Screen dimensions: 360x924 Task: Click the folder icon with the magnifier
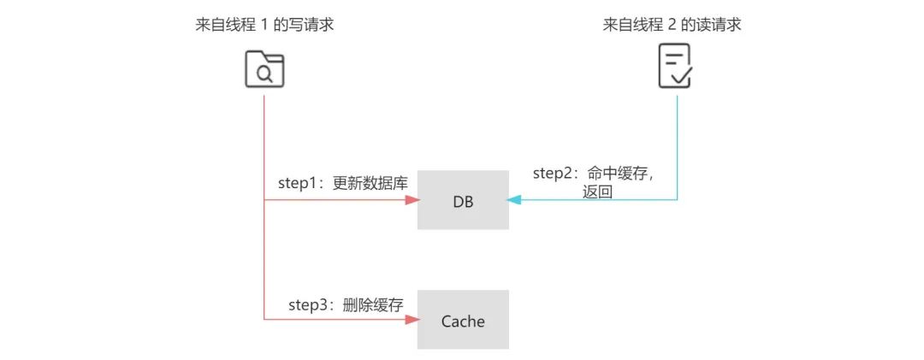[264, 70]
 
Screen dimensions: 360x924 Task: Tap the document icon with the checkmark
[675, 68]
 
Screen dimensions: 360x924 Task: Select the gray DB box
[462, 200]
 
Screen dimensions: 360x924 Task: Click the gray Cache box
[462, 321]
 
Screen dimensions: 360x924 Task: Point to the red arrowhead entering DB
[412, 200]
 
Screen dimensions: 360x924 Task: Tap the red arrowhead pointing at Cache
[412, 320]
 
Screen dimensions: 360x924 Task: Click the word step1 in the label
[296, 182]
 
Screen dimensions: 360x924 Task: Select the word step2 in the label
[552, 174]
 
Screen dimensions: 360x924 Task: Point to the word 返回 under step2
[598, 192]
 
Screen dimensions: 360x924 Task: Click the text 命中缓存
[621, 174]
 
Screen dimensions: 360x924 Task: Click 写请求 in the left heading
[311, 25]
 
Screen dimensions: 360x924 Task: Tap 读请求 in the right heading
[720, 25]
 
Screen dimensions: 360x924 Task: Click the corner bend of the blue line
[678, 200]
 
